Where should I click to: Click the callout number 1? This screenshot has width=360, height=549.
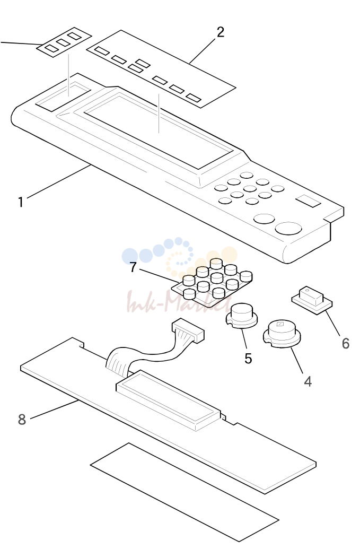click(21, 202)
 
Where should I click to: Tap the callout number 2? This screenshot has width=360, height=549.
click(220, 32)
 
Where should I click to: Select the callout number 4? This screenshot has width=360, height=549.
click(308, 381)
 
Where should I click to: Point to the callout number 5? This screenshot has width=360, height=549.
click(248, 359)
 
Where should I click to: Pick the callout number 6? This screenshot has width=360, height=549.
click(345, 344)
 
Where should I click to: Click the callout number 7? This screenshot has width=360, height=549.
click(133, 267)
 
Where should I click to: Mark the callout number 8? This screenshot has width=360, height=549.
click(22, 419)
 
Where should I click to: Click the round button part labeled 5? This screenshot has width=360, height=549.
click(241, 316)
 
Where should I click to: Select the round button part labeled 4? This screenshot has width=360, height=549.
click(282, 334)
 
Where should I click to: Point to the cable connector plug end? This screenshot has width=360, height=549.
click(188, 330)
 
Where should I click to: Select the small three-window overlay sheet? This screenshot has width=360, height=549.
click(65, 42)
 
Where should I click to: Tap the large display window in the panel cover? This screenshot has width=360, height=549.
click(158, 130)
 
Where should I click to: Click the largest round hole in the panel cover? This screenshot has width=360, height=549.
click(288, 228)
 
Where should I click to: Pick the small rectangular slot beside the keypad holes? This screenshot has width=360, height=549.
click(308, 201)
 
